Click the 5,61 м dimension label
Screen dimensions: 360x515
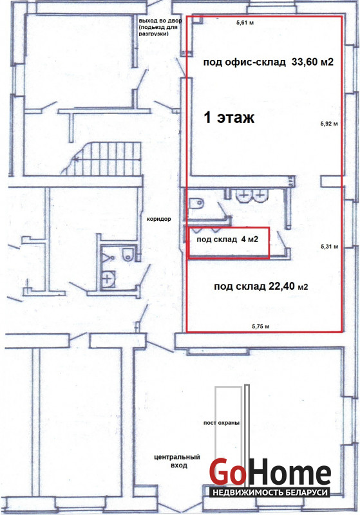click(245, 23)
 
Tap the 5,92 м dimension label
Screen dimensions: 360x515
click(329, 124)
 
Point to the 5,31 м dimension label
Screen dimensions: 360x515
click(330, 247)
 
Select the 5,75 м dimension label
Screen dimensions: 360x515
click(261, 326)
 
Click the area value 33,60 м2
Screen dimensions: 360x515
click(312, 62)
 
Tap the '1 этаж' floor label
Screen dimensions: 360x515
click(229, 117)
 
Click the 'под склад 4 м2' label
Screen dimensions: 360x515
click(227, 239)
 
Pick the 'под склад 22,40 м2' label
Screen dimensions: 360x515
click(261, 286)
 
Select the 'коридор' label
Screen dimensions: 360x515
click(158, 219)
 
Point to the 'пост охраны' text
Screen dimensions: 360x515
click(222, 423)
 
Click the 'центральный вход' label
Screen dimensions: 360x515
click(177, 461)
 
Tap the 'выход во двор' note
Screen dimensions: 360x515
click(160, 21)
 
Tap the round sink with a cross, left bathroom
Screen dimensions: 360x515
click(108, 279)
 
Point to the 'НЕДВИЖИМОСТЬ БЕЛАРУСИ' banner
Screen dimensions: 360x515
click(269, 492)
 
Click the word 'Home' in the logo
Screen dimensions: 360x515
click(289, 473)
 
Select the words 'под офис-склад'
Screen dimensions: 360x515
click(244, 62)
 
